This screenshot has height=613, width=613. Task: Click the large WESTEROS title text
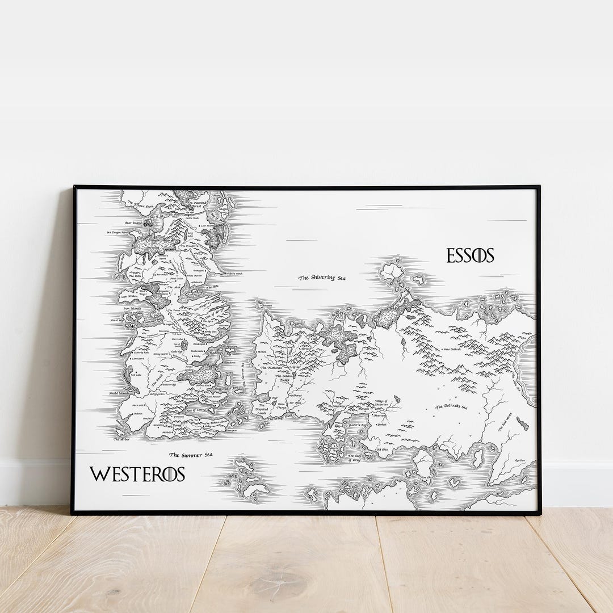[137, 475]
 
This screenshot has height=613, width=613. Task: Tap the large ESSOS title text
[470, 255]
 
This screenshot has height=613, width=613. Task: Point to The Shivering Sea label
[322, 278]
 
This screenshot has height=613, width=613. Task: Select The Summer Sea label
[191, 455]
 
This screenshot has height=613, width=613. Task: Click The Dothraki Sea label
[451, 407]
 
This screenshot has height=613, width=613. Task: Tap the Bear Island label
[134, 223]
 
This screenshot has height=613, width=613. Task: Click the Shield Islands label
[119, 393]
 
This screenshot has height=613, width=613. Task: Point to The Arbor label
[121, 439]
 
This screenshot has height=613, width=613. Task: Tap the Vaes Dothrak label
[452, 349]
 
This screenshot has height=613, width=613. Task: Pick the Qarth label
[519, 460]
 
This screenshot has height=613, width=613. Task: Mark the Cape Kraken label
[129, 296]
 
